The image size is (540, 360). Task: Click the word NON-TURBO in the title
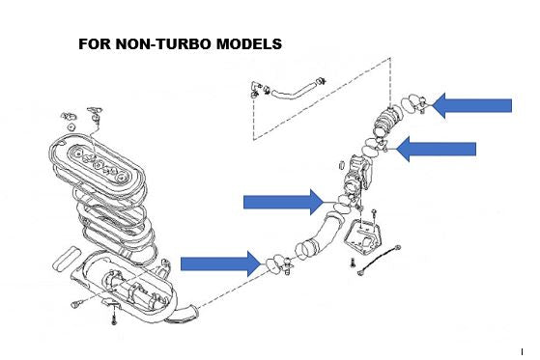tap(163, 44)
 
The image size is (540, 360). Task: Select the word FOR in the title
tap(95, 44)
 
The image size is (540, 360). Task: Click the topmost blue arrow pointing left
tap(471, 105)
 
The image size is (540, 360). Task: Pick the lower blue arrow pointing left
tap(436, 149)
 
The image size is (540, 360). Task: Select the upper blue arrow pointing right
tap(284, 202)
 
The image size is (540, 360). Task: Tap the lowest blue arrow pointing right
tap(221, 264)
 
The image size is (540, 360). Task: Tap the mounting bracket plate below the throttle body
tap(364, 237)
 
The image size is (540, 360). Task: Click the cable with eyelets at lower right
tap(379, 261)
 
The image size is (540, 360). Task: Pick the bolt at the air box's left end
tap(76, 304)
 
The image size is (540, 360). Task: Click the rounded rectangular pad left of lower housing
tap(67, 258)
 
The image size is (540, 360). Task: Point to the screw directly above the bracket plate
tap(374, 213)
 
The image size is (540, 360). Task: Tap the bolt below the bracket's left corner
tap(354, 263)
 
